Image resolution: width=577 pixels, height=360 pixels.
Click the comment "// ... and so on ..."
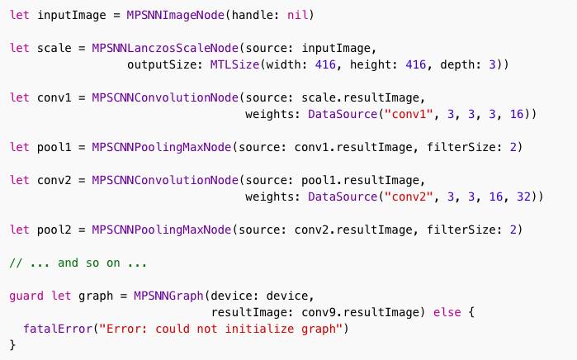click(x=78, y=263)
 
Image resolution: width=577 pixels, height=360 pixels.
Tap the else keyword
click(x=442, y=312)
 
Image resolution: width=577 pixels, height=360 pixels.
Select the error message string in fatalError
click(x=220, y=329)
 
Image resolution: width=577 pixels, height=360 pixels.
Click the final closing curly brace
click(x=12, y=345)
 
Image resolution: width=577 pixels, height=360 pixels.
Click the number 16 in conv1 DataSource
click(x=517, y=114)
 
